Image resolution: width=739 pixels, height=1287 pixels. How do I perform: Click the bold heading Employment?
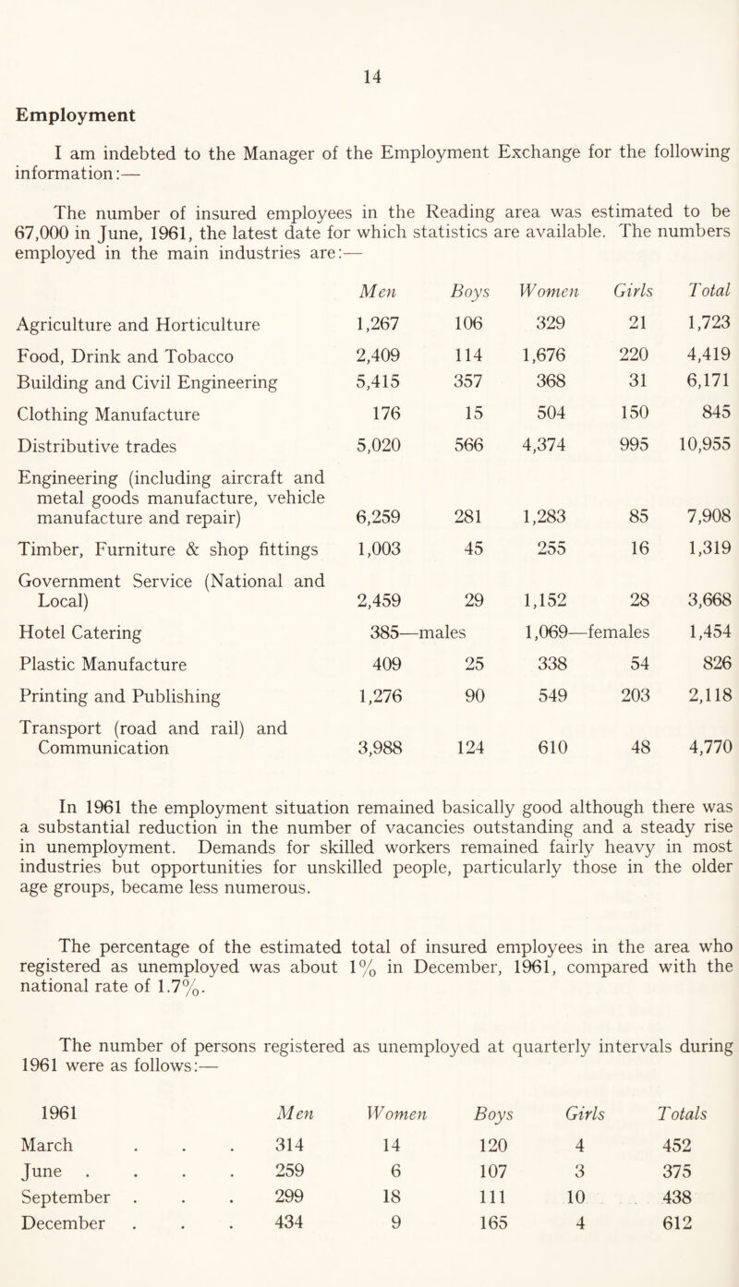[x=75, y=115]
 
